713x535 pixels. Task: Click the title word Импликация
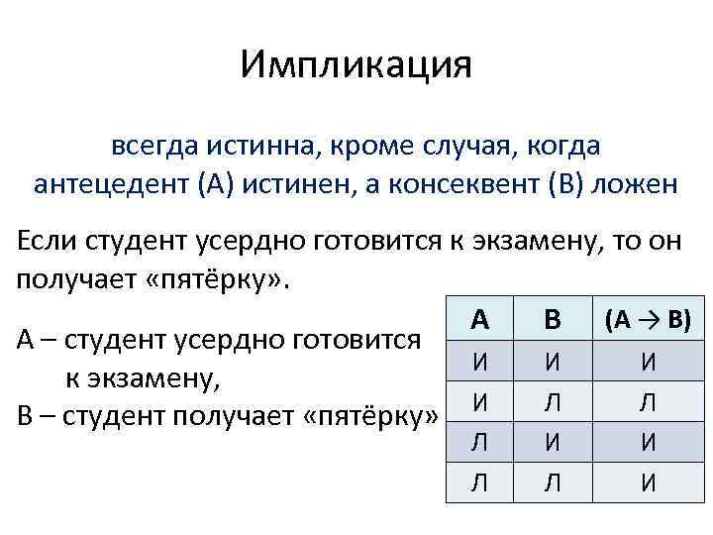click(356, 65)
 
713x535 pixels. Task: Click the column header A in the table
click(479, 319)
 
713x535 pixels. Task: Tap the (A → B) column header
click(648, 319)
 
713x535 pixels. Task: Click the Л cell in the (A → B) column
click(648, 400)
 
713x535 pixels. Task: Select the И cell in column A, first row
click(479, 361)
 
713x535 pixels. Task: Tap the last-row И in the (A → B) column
click(648, 483)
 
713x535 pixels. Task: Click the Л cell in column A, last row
click(479, 483)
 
